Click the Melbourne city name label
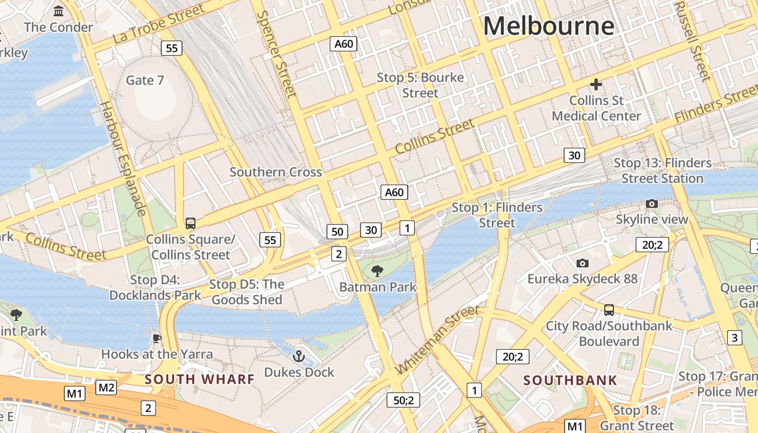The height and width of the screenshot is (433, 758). click(548, 26)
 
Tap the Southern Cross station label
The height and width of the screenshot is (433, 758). click(276, 172)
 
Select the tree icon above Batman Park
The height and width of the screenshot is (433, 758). click(377, 271)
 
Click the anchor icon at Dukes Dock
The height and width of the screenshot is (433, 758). click(299, 356)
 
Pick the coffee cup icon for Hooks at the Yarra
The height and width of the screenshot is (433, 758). click(157, 338)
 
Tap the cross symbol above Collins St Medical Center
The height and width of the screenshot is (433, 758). click(596, 84)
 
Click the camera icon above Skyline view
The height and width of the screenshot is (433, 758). click(652, 204)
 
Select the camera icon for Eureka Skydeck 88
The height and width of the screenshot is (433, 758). click(583, 263)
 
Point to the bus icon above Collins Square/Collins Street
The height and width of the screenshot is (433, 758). click(190, 223)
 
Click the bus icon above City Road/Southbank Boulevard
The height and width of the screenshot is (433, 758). click(609, 310)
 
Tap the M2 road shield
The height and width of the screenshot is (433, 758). click(106, 387)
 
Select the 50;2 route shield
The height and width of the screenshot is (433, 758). click(403, 400)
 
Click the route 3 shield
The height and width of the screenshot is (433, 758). click(734, 338)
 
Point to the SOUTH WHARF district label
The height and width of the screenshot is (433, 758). click(199, 379)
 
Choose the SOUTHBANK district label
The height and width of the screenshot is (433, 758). click(570, 380)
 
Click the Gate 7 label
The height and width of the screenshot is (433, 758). click(145, 80)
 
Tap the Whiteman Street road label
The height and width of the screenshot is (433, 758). click(437, 339)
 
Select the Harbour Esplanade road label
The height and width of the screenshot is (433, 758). click(123, 158)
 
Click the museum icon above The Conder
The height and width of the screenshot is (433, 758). click(58, 11)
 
